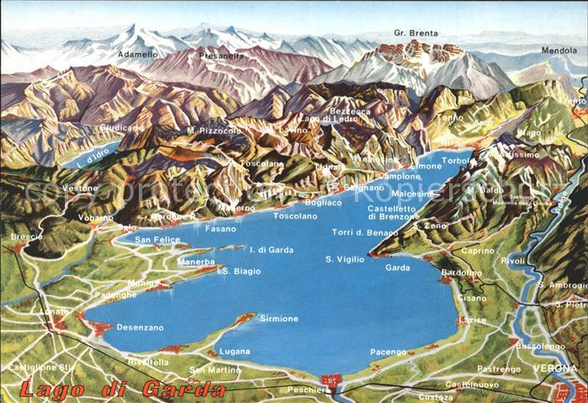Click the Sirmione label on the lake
(x=278, y=319)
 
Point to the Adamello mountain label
(x=137, y=54)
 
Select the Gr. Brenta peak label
(x=416, y=34)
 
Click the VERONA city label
(x=555, y=369)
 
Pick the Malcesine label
(x=412, y=194)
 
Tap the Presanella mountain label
(x=221, y=56)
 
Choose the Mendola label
(x=559, y=50)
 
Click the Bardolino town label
(x=462, y=273)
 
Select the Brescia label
(x=26, y=236)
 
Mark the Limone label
(x=426, y=167)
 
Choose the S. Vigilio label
(x=345, y=259)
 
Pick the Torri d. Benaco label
(x=364, y=232)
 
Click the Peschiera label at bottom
(x=307, y=390)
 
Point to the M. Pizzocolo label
(x=214, y=130)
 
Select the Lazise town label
(x=473, y=321)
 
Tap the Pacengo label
(x=389, y=353)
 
